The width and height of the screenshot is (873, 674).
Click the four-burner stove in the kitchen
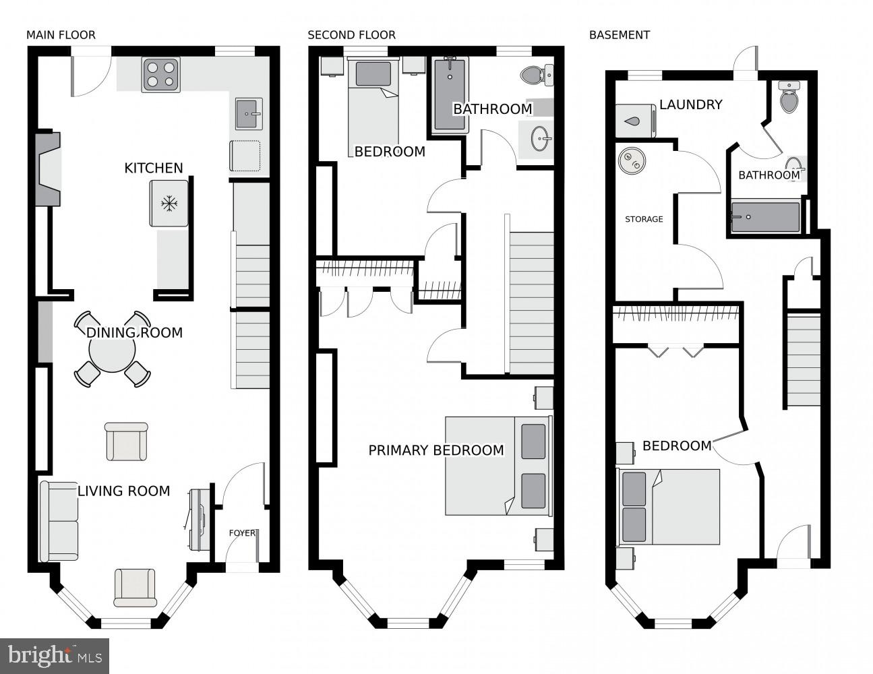(160, 75)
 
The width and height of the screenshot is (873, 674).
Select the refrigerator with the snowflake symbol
(169, 204)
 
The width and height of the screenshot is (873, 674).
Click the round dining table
(112, 349)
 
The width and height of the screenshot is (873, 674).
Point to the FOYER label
(242, 533)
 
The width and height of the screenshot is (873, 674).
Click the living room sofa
(59, 521)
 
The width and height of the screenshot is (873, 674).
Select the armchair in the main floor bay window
(135, 587)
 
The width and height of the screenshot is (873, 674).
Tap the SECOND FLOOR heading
(351, 35)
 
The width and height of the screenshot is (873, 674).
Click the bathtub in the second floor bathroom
(450, 96)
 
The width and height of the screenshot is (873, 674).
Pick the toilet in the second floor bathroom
(537, 75)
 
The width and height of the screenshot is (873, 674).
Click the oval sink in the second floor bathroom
(541, 139)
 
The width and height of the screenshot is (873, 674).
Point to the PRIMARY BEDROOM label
(436, 450)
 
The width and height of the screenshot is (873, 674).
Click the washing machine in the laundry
(636, 121)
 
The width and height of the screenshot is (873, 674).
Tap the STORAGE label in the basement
(644, 219)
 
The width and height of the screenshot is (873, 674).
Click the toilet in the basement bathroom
(789, 96)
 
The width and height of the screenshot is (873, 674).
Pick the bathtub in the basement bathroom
(765, 217)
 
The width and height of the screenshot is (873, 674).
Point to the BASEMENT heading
(620, 35)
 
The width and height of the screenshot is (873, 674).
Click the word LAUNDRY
(690, 105)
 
